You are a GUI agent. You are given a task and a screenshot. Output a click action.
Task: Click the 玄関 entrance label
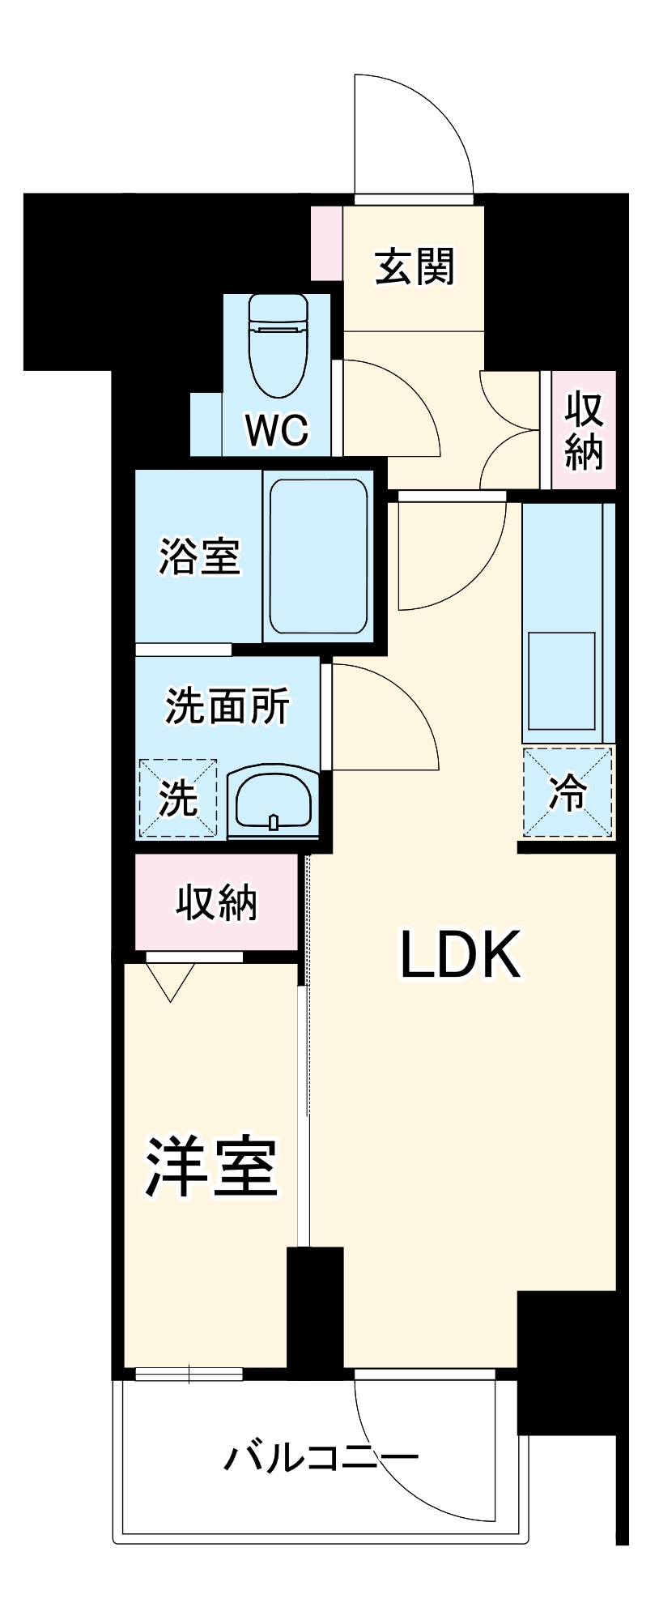click(415, 266)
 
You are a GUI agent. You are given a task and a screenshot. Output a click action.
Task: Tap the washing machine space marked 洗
click(178, 798)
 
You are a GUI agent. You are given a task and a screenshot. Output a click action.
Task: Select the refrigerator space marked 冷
click(568, 792)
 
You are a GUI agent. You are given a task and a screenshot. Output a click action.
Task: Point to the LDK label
click(460, 956)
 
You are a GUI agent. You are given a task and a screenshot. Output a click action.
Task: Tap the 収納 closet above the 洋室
click(216, 902)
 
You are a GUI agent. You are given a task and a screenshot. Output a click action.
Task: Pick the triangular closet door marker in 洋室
click(171, 979)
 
